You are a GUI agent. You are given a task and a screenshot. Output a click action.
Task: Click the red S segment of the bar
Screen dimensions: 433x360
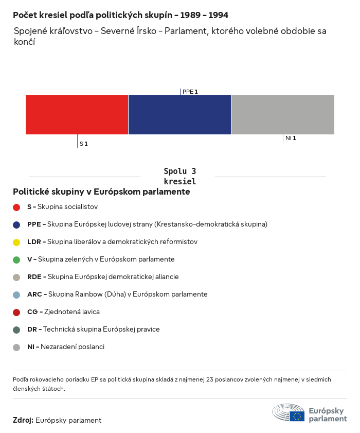pyautogui.click(x=77, y=115)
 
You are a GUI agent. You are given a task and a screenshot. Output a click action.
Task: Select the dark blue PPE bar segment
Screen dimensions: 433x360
pyautogui.click(x=179, y=115)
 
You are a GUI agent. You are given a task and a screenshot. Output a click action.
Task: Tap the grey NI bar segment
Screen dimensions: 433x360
pyautogui.click(x=283, y=115)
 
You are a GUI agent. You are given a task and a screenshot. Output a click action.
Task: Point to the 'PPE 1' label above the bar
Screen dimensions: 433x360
pyautogui.click(x=190, y=92)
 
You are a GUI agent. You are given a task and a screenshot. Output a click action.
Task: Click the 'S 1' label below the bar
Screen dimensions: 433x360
pyautogui.click(x=83, y=144)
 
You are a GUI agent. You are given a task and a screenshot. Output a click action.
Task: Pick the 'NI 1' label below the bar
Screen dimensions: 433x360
pyautogui.click(x=290, y=138)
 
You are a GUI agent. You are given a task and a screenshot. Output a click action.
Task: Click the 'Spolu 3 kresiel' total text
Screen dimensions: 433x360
pyautogui.click(x=179, y=176)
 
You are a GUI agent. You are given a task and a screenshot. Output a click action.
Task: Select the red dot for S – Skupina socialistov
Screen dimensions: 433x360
pyautogui.click(x=16, y=207)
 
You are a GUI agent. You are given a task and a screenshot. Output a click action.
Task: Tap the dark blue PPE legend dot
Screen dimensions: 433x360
pyautogui.click(x=16, y=224)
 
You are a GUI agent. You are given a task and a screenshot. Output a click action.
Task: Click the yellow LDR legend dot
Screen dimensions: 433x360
pyautogui.click(x=16, y=242)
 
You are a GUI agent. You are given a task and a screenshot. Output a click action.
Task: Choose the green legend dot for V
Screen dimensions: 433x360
pyautogui.click(x=16, y=259)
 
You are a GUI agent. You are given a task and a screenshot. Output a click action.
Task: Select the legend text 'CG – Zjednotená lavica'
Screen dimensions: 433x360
pyautogui.click(x=63, y=311)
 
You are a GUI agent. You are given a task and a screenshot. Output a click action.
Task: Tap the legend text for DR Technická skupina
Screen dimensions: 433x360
pyautogui.click(x=93, y=329)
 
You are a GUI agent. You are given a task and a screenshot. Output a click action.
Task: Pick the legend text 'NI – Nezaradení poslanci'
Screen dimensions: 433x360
pyautogui.click(x=65, y=347)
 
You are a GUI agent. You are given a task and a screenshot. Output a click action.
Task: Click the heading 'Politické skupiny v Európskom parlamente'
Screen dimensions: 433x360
pyautogui.click(x=101, y=192)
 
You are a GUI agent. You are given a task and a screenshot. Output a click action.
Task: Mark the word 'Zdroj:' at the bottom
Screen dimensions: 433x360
pyautogui.click(x=23, y=420)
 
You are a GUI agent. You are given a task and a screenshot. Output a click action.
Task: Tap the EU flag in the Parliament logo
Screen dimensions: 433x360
pyautogui.click(x=297, y=415)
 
